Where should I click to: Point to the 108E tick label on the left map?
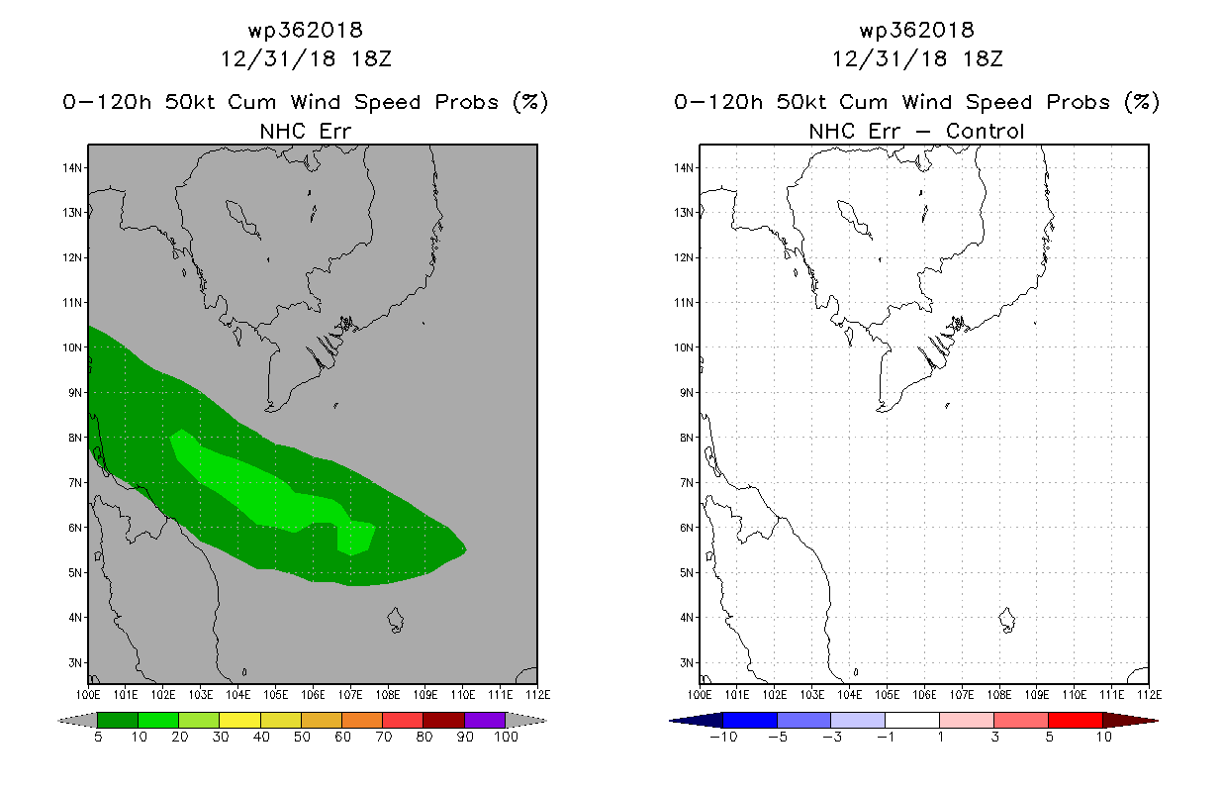pos(387,694)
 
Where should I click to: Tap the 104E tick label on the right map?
pos(850,694)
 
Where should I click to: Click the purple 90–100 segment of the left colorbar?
pos(485,720)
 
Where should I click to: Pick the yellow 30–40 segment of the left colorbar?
pos(239,720)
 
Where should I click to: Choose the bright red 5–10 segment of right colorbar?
pos(1075,720)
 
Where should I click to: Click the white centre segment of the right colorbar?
pos(911,720)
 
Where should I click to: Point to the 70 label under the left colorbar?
pos(382,738)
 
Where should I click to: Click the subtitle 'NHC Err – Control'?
pos(916,131)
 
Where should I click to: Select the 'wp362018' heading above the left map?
pos(306,31)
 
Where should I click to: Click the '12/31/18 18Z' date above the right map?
pos(917,58)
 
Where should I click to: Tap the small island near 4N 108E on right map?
pos(1007,621)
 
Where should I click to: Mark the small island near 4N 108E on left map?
pos(396,621)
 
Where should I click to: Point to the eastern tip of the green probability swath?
pos(464,548)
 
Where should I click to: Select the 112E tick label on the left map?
pos(536,694)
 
